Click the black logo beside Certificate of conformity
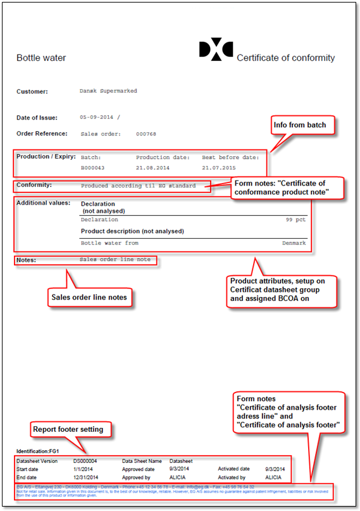216,51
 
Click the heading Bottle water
41,58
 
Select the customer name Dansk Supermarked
108,91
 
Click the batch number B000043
92,168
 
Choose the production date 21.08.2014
153,168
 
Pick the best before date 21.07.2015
219,168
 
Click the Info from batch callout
300,125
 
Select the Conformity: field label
34,186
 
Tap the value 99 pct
295,220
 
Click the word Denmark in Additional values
294,243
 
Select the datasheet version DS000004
85,462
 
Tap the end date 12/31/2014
86,477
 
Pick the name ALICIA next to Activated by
273,477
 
